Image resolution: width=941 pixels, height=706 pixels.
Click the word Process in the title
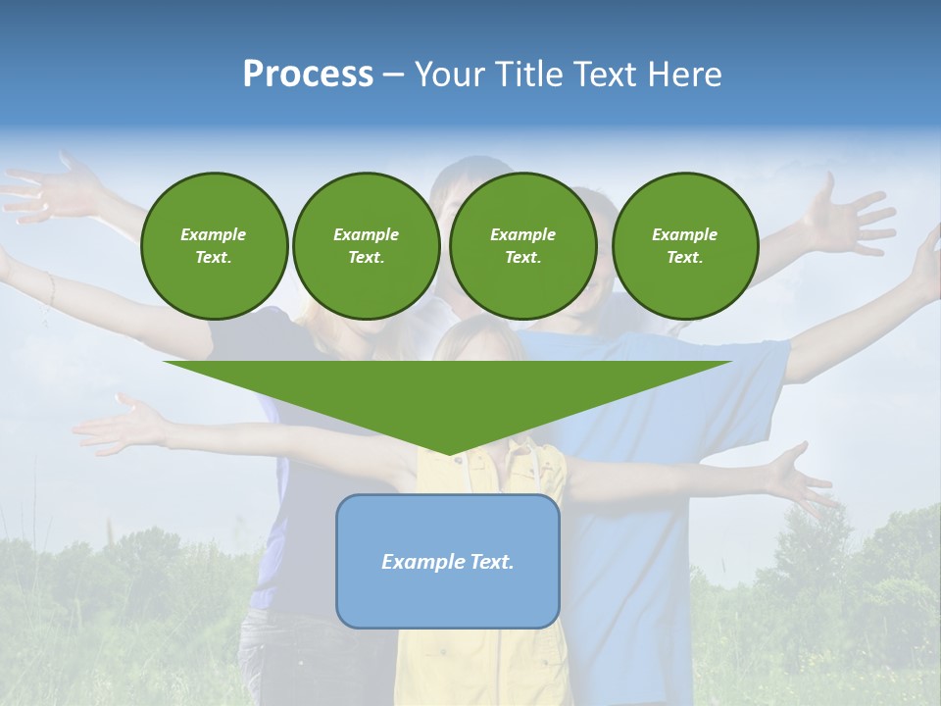click(308, 75)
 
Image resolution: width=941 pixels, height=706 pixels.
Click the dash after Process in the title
click(393, 76)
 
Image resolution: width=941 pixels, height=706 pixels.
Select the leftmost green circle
click(214, 246)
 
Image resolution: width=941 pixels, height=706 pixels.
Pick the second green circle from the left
click(366, 246)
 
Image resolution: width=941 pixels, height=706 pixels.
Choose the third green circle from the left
click(522, 246)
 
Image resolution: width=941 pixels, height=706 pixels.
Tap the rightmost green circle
click(684, 246)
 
